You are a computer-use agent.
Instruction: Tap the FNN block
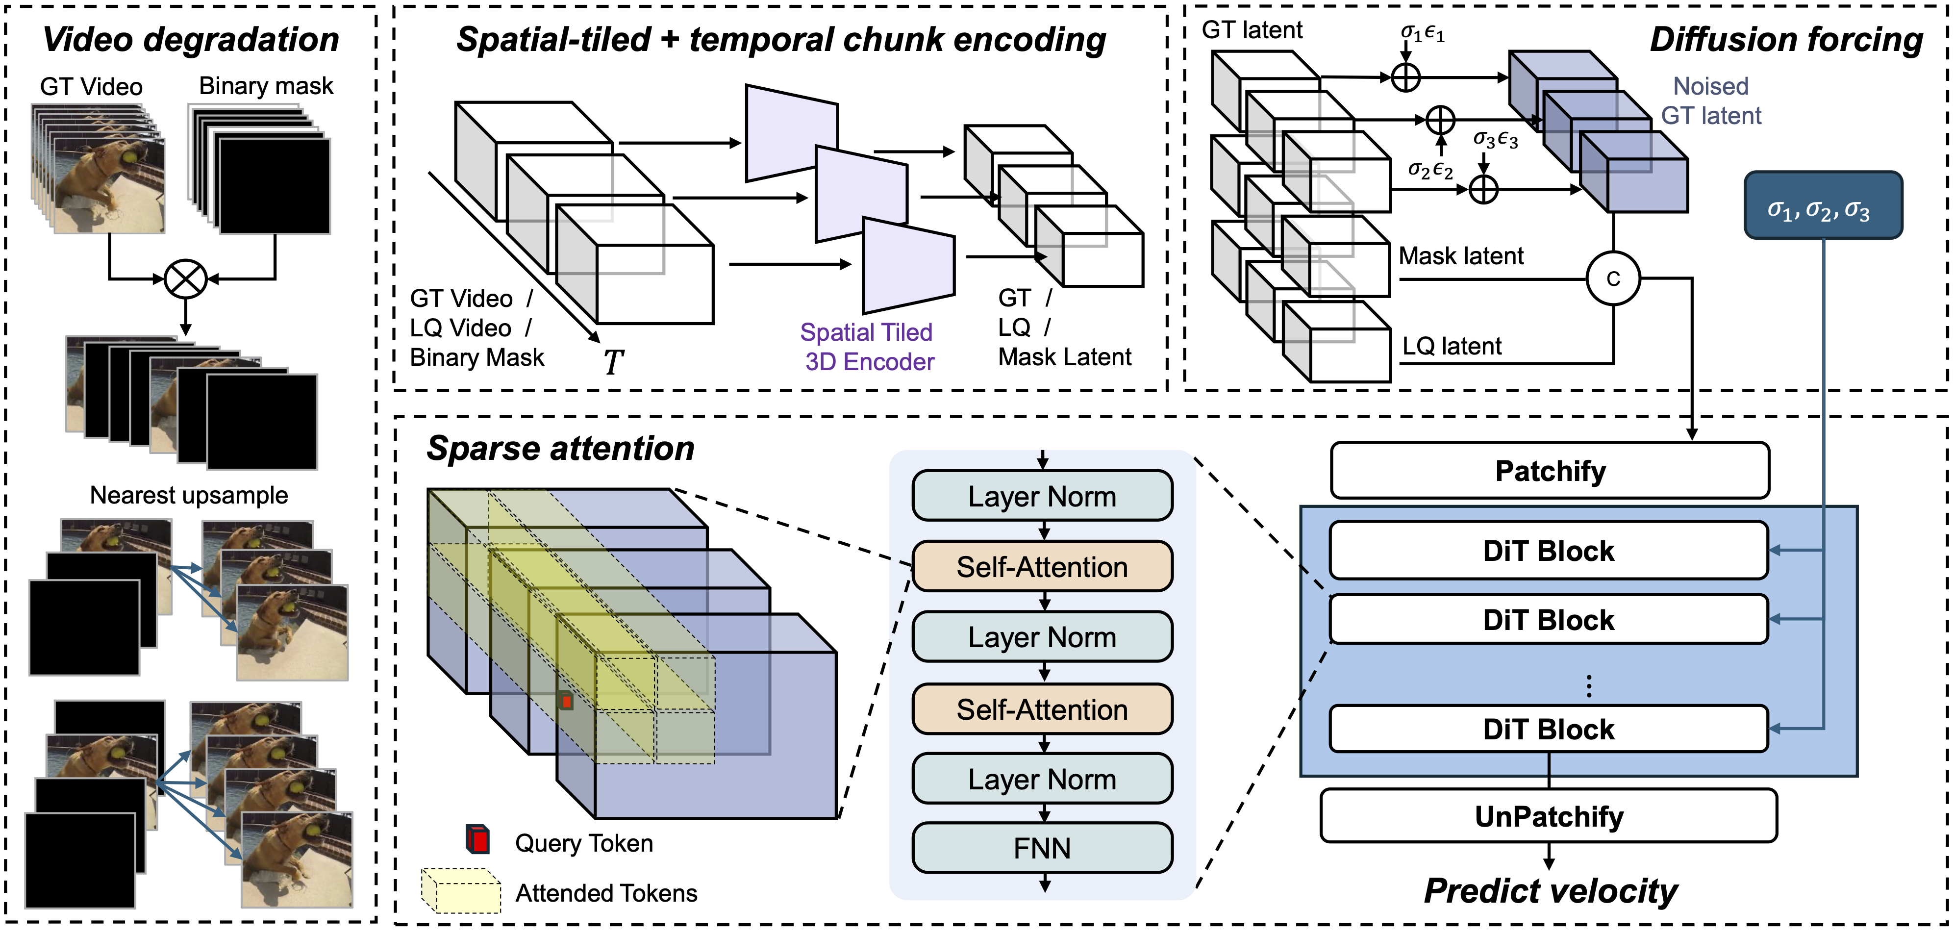pyautogui.click(x=1042, y=848)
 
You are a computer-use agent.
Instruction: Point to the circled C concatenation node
pyautogui.click(x=1613, y=278)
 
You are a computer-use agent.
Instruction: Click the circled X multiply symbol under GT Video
pyautogui.click(x=186, y=278)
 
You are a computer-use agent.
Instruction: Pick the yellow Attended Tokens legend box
pyautogui.click(x=461, y=891)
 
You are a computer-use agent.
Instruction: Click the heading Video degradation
pyautogui.click(x=190, y=39)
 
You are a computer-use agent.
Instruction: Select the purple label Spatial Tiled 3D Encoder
pyautogui.click(x=867, y=347)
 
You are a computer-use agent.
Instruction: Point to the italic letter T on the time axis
pyautogui.click(x=613, y=362)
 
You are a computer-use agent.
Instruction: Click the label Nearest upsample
pyautogui.click(x=189, y=495)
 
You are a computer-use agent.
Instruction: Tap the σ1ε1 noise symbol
pyautogui.click(x=1422, y=33)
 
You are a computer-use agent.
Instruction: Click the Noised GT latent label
pyautogui.click(x=1710, y=101)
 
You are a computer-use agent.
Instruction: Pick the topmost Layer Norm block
pyautogui.click(x=1042, y=496)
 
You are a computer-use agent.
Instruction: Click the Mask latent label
pyautogui.click(x=1460, y=256)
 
